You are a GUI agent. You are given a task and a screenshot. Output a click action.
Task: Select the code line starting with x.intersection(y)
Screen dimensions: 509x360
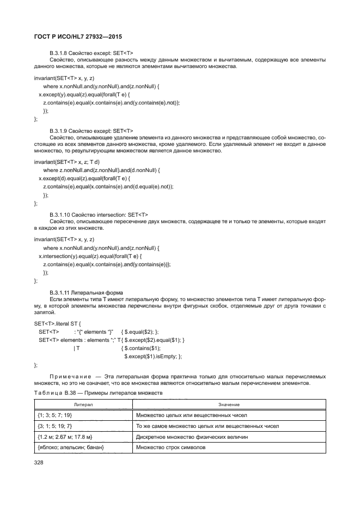(x=89, y=256)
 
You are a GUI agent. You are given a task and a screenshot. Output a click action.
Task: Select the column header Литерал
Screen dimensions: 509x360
(x=83, y=404)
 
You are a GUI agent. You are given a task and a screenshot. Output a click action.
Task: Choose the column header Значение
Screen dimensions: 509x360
(x=228, y=404)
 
